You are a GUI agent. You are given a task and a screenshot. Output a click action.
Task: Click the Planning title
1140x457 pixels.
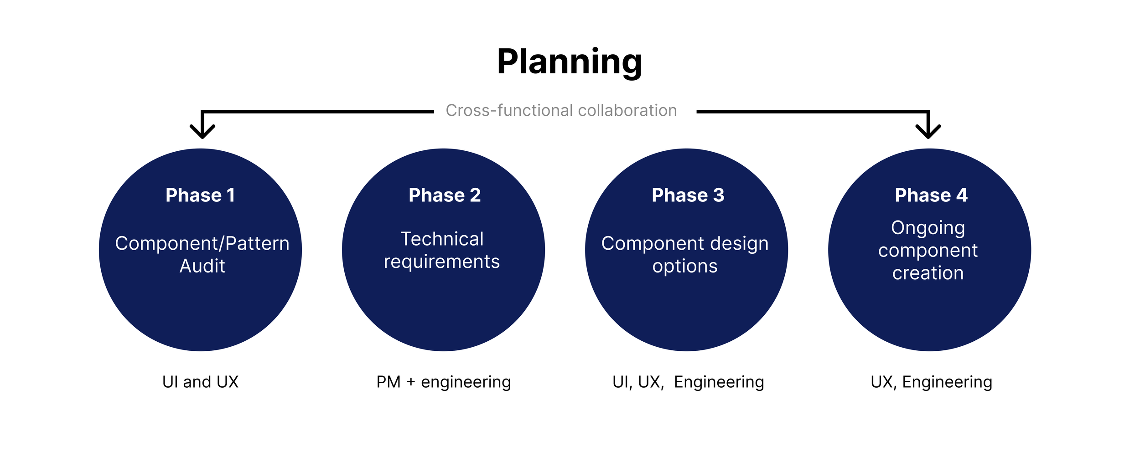[570, 62]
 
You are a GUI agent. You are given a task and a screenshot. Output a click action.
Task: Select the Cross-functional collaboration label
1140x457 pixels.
[561, 111]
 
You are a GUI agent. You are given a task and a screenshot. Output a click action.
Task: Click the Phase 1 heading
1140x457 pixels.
[200, 195]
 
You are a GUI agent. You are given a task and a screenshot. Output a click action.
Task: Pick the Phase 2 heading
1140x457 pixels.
[445, 195]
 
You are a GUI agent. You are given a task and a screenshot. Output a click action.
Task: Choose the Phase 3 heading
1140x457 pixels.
[688, 195]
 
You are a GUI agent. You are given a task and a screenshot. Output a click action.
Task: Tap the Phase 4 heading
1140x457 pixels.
[931, 195]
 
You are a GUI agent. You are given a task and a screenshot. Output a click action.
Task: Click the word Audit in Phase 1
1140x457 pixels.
[202, 266]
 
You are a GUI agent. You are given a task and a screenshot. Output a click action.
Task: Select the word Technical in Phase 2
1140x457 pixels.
[442, 239]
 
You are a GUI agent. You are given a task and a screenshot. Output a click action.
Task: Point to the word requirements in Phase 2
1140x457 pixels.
[442, 262]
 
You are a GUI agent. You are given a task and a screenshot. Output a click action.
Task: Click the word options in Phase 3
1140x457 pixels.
[685, 267]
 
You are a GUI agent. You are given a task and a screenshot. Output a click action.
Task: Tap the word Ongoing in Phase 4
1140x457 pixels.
[928, 228]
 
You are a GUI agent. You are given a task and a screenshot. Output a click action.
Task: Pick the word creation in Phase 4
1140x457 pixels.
[928, 273]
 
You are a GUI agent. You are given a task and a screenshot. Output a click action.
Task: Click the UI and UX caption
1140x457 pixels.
[200, 382]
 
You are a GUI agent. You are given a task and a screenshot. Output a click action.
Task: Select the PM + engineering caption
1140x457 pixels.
[443, 382]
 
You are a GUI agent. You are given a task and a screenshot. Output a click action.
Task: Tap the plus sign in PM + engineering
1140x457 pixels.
[410, 382]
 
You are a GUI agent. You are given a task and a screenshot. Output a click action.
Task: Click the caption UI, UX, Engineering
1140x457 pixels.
[688, 382]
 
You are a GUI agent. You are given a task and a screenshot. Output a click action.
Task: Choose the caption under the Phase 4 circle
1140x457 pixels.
[931, 382]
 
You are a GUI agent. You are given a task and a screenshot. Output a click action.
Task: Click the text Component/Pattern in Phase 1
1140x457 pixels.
[202, 243]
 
